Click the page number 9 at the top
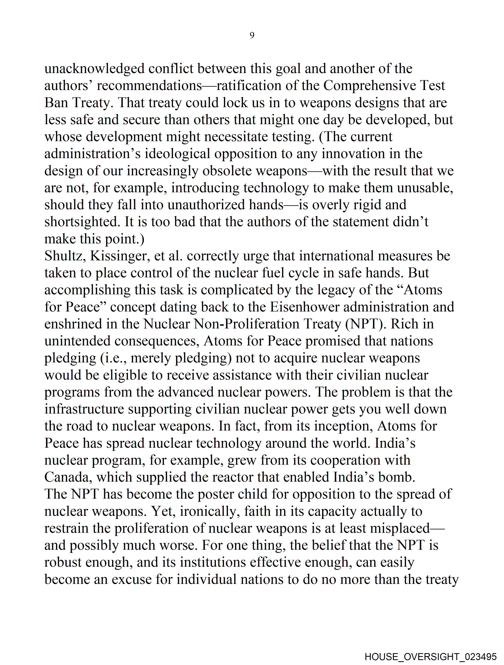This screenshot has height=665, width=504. coord(252,36)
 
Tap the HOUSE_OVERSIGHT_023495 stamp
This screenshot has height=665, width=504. coord(430,657)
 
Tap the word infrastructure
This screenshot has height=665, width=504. coord(84,409)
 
